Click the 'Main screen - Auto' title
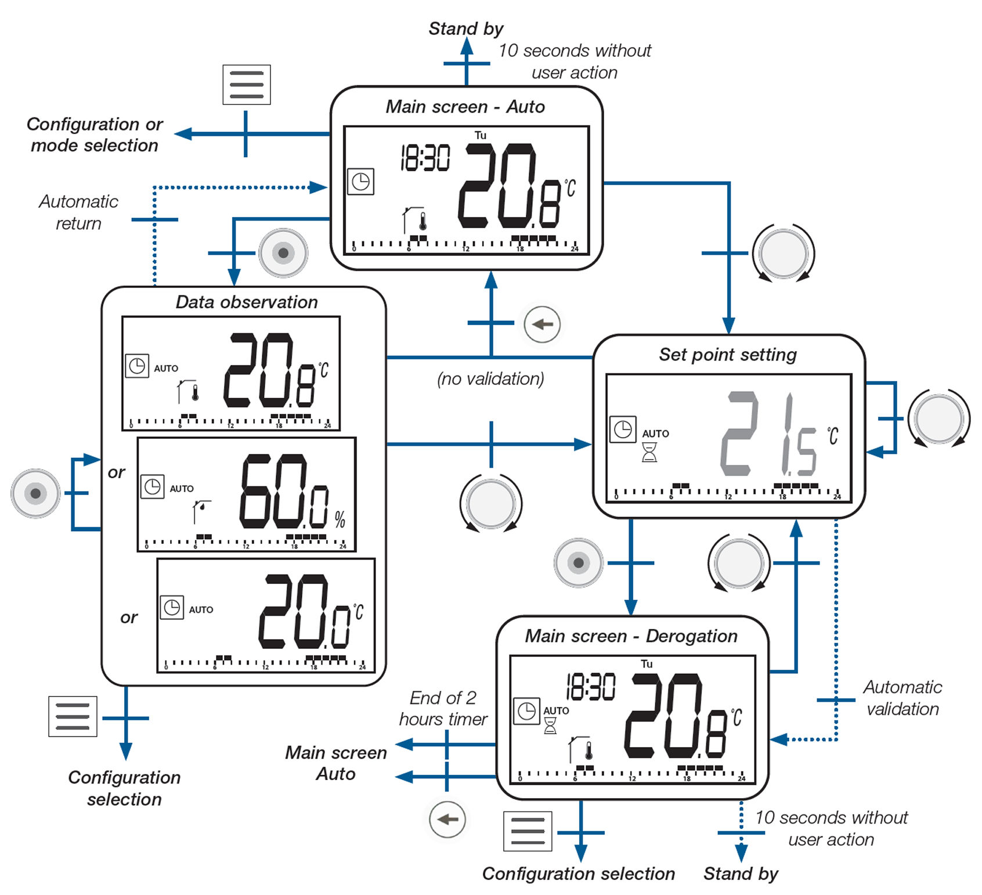click(465, 107)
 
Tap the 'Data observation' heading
click(247, 302)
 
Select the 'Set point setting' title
click(728, 355)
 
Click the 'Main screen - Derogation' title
click(631, 636)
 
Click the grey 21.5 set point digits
click(769, 434)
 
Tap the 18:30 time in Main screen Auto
click(425, 158)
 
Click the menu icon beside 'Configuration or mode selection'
click(247, 85)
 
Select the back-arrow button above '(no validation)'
click(542, 324)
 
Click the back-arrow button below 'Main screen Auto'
click(447, 820)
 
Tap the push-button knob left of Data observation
click(35, 493)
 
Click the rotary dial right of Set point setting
click(938, 418)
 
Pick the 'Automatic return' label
click(78, 212)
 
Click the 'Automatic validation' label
click(902, 698)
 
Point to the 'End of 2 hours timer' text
click(443, 708)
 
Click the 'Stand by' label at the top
click(465, 28)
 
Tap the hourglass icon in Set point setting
click(649, 452)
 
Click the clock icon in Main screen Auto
click(360, 182)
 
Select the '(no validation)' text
click(490, 379)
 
